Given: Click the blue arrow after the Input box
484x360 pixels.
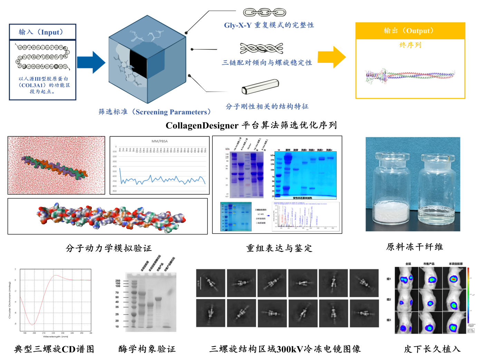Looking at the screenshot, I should point(90,62).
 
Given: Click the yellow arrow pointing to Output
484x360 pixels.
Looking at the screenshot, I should point(331,57).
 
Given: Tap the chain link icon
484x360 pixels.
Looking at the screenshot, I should point(265,13).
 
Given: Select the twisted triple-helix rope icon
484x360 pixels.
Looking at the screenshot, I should point(262,49).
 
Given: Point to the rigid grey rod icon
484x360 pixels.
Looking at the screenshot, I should point(260,87).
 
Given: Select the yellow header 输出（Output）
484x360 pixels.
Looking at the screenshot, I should point(410,31).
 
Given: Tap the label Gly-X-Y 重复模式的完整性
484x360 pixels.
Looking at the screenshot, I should point(269,25).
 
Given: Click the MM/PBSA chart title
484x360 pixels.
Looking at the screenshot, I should point(159,141).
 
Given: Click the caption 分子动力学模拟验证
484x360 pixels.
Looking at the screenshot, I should point(109,248).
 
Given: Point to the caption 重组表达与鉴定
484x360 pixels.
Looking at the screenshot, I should point(279,248).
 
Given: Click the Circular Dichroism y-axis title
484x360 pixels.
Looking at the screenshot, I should point(10,300).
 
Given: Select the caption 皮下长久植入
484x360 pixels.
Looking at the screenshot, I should point(432,349).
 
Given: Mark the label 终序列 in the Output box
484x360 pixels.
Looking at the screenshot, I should point(410,45).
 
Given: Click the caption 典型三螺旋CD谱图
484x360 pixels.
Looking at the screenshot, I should point(54,349).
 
